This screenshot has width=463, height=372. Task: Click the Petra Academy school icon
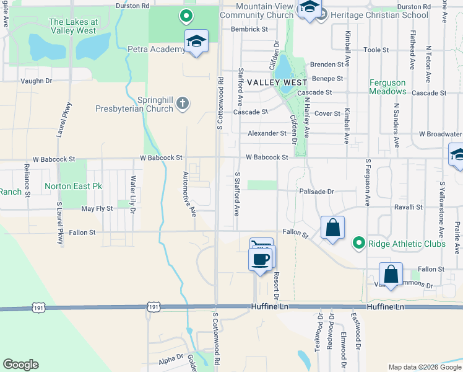click(x=196, y=42)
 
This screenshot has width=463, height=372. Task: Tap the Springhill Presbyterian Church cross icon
click(x=182, y=103)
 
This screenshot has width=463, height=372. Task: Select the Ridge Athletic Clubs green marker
click(x=358, y=244)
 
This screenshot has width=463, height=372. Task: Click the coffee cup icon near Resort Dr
click(x=260, y=259)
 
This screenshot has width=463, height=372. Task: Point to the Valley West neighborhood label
click(x=277, y=82)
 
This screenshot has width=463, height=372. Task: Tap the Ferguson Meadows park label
click(x=387, y=87)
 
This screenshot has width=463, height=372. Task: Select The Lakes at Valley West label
click(x=72, y=26)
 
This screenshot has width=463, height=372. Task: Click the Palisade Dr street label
click(x=316, y=192)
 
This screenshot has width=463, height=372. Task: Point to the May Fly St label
click(x=97, y=209)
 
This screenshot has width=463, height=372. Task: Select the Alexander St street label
click(x=267, y=133)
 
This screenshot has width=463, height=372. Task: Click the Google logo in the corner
click(x=21, y=365)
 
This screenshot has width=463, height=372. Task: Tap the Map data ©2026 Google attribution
click(x=424, y=367)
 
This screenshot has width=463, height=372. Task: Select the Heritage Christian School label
click(x=379, y=15)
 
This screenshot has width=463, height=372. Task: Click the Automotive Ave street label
click(x=189, y=194)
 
